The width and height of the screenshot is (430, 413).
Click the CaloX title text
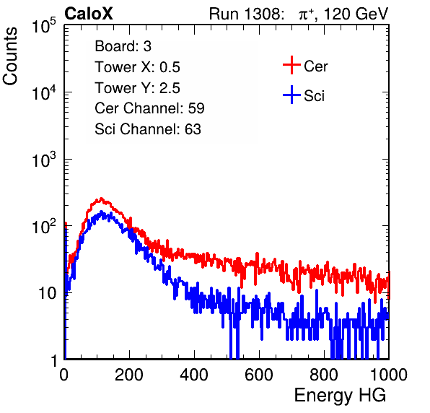coord(89,14)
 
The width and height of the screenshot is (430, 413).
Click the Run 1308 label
coord(246,14)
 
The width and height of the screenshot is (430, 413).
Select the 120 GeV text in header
coord(356,14)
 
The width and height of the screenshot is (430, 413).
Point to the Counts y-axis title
coord(10,56)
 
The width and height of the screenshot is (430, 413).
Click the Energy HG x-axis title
coord(340,396)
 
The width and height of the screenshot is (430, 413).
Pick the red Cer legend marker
coord(291,65)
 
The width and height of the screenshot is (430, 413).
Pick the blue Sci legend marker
coord(291,95)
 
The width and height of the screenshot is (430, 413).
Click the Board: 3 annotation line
coord(123,46)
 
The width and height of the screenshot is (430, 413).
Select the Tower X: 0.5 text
coord(137,67)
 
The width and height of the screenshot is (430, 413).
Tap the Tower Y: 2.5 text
coord(137,88)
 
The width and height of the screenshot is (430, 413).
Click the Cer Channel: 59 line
coord(149,108)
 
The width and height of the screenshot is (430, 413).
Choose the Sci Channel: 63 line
coord(148,129)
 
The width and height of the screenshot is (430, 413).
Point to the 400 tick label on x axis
coord(194,374)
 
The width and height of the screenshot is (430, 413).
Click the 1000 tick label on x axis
coord(389,374)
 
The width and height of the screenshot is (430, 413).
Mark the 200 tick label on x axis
coord(129,374)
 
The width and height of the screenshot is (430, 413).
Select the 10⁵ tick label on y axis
coord(44,26)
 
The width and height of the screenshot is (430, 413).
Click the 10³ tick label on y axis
coord(44,159)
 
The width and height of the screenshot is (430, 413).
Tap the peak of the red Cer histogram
coord(101,198)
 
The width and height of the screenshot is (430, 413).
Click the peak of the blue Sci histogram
coord(101,212)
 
